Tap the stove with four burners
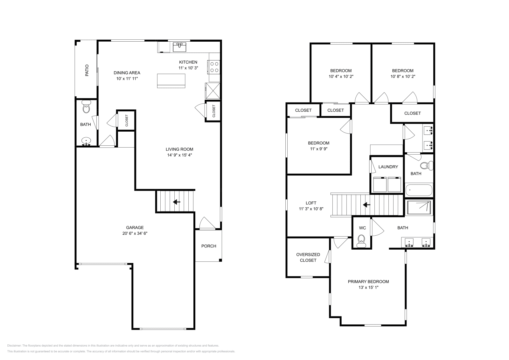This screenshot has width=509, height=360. tap(214, 67)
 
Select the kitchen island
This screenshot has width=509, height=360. tap(171, 80)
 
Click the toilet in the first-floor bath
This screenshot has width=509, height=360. tap(86, 107)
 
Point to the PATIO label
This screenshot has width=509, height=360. tap(87, 70)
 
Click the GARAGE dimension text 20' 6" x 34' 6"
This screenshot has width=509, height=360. tap(135, 233)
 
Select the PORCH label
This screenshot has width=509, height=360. tap(209, 246)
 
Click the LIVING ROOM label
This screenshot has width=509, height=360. tap(179, 149)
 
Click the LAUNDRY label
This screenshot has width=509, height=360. tap(388, 167)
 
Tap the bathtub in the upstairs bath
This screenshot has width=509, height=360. tap(419, 190)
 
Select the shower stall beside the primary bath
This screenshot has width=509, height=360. tap(419, 207)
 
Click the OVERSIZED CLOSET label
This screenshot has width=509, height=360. tap(308, 257)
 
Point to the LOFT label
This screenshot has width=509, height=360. tap(311, 203)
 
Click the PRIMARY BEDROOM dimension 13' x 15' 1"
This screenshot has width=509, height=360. tap(368, 287)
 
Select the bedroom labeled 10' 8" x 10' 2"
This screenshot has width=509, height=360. tap(403, 73)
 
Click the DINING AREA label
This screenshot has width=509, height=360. tap(127, 73)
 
